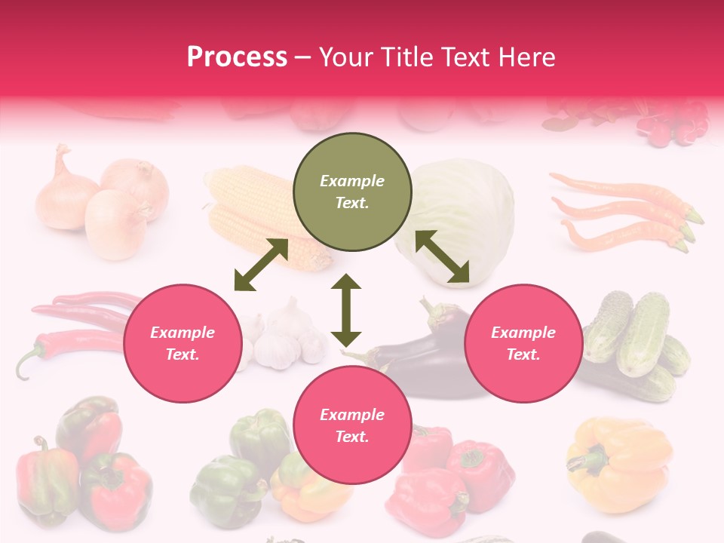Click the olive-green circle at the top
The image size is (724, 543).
(x=352, y=192)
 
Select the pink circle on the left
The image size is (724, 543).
(x=183, y=343)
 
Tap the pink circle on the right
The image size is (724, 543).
(x=523, y=343)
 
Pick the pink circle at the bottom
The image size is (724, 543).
(x=352, y=425)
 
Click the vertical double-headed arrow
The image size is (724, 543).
(x=346, y=310)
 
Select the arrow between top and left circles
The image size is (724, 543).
(x=261, y=265)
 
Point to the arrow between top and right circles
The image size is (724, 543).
(x=442, y=257)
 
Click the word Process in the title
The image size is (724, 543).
(x=237, y=57)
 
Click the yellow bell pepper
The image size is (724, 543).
(x=618, y=462)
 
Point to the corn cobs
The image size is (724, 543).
(x=256, y=215)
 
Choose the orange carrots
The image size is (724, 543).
(x=626, y=211)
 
